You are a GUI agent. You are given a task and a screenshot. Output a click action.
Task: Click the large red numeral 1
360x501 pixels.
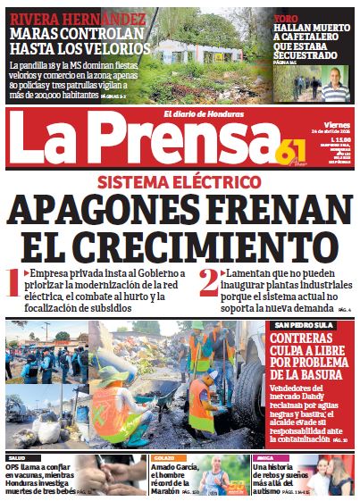click(x=13, y=283)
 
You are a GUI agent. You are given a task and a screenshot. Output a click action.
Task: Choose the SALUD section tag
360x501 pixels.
click(x=17, y=456)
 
